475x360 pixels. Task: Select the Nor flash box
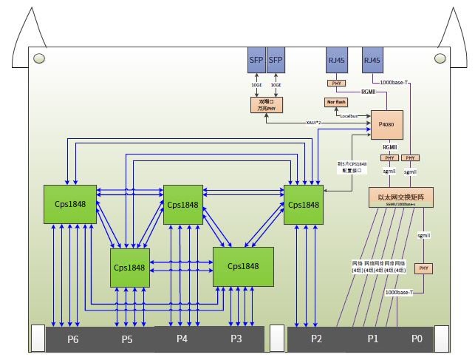[x=336, y=101]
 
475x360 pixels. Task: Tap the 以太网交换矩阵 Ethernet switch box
[x=400, y=197]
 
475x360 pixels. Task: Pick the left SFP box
[x=256, y=61]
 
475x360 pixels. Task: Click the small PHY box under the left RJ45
[x=336, y=83]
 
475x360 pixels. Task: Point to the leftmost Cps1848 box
[x=69, y=204]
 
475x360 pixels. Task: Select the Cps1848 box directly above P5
[x=130, y=268]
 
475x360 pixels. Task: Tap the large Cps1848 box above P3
[x=243, y=266]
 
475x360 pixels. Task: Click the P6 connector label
[x=72, y=339]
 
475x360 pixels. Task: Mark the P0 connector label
[x=417, y=339]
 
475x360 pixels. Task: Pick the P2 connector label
[x=316, y=339]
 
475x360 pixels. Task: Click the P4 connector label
[x=182, y=339]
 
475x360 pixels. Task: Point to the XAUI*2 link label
[x=316, y=122]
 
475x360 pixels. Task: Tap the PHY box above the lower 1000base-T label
[x=423, y=268]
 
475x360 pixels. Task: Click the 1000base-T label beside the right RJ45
[x=397, y=82]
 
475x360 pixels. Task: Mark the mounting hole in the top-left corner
[x=39, y=58]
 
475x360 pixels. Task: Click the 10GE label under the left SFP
[x=255, y=85]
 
